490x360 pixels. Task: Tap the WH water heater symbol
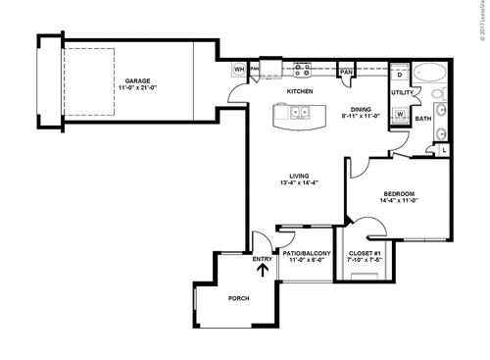pyautogui.click(x=238, y=70)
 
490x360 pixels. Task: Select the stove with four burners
pyautogui.click(x=302, y=70)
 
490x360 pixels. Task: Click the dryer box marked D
pyautogui.click(x=400, y=75)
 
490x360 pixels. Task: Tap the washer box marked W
pyautogui.click(x=401, y=114)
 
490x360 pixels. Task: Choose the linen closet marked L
pyautogui.click(x=444, y=149)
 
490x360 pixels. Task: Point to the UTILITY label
pyautogui.click(x=402, y=93)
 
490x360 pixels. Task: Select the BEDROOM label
pyautogui.click(x=398, y=193)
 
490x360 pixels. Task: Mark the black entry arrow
pyautogui.click(x=262, y=262)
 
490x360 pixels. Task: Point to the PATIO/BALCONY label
pyautogui.click(x=307, y=252)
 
